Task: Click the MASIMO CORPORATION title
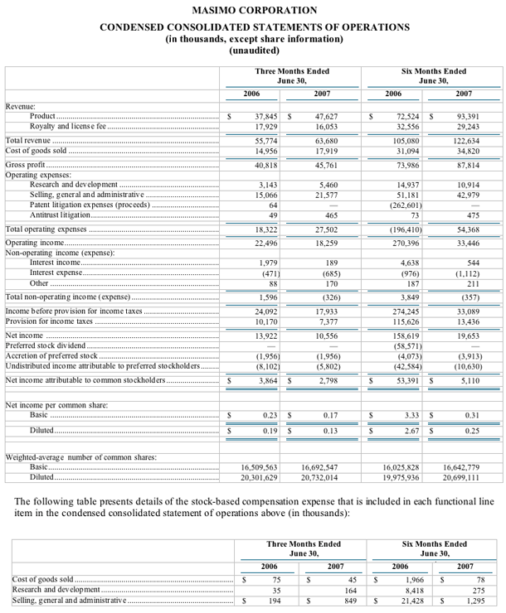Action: (254, 10)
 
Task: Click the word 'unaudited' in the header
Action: (254, 51)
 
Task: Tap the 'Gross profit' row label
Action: (26, 165)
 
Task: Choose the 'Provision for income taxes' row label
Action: (49, 321)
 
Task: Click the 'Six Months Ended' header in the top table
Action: (432, 70)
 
